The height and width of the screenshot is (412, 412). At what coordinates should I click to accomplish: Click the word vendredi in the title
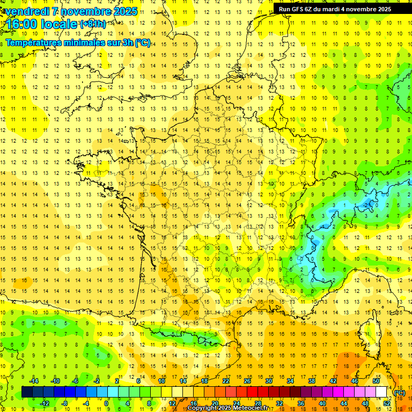click(26, 11)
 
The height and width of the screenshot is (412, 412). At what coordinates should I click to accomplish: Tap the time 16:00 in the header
click(23, 24)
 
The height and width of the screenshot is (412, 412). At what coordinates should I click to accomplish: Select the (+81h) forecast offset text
click(92, 24)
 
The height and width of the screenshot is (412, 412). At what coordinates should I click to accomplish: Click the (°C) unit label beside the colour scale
click(399, 393)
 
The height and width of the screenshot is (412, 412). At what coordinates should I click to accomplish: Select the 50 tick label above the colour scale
click(376, 381)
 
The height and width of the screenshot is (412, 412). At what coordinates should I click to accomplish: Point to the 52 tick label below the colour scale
click(386, 403)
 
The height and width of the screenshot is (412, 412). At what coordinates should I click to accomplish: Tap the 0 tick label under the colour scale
click(106, 403)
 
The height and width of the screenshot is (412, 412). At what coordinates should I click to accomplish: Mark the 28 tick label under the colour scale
click(257, 403)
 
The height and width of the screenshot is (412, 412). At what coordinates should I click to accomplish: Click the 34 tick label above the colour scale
click(290, 381)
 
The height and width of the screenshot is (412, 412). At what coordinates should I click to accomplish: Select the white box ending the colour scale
click(381, 392)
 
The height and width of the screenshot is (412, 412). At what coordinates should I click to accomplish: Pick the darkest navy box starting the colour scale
click(27, 392)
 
